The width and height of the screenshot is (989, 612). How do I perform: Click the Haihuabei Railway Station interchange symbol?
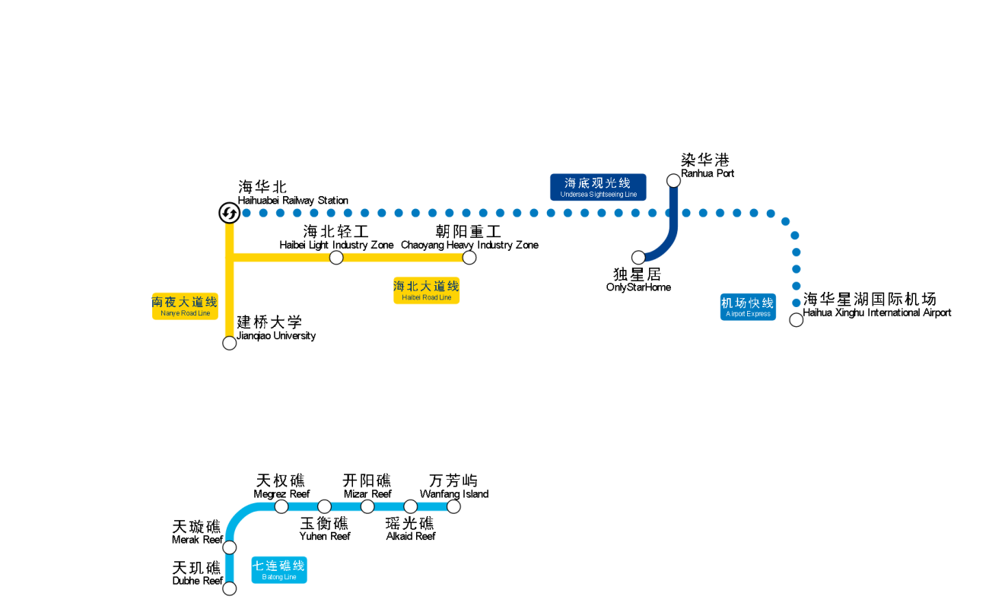(x=229, y=214)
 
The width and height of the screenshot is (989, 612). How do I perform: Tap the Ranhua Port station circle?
(x=673, y=180)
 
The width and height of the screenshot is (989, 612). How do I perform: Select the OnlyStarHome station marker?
(x=638, y=258)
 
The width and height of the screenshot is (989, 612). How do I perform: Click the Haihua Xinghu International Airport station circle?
(x=796, y=320)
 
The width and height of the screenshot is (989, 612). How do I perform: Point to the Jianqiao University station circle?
(x=229, y=343)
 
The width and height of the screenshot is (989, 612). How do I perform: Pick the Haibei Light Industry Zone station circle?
(x=336, y=258)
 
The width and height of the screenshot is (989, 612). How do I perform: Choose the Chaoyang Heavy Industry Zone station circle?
(x=469, y=258)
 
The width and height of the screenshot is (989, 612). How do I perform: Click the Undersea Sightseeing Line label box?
(x=598, y=187)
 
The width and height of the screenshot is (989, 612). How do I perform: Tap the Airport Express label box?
(x=748, y=306)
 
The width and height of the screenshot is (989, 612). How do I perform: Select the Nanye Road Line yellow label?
(x=185, y=306)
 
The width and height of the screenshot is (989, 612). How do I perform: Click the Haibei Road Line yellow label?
(x=426, y=290)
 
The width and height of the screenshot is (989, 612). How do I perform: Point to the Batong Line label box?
(x=279, y=569)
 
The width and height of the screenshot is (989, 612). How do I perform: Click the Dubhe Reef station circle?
(x=230, y=588)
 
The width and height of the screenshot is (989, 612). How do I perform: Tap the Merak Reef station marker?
(x=230, y=547)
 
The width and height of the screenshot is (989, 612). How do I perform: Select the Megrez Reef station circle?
(x=281, y=506)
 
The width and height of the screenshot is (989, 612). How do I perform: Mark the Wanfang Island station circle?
(x=453, y=506)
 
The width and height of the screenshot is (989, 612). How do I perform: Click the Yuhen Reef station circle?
(x=325, y=506)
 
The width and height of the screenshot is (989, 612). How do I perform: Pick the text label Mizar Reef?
(x=367, y=494)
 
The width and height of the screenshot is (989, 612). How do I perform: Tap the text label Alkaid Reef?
(x=411, y=536)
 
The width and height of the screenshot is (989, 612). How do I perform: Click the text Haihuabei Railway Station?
(x=293, y=201)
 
